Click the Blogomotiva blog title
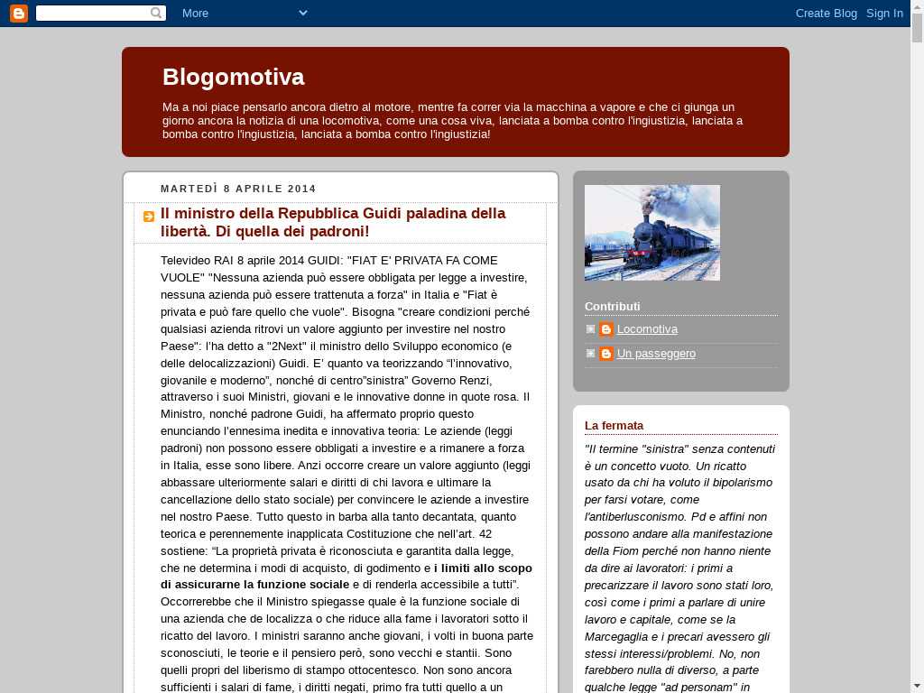233,77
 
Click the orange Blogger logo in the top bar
18,13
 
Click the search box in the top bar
94,13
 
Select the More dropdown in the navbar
244,13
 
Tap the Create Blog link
826,13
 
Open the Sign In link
884,13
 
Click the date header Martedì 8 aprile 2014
238,189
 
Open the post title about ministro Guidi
333,222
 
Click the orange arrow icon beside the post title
149,217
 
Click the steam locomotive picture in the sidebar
651,233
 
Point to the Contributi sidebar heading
612,306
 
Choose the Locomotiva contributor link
647,329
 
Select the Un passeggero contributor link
656,354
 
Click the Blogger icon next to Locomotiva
606,329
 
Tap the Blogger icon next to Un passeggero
606,354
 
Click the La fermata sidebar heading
614,425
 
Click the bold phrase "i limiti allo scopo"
483,568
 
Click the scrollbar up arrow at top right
917,7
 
